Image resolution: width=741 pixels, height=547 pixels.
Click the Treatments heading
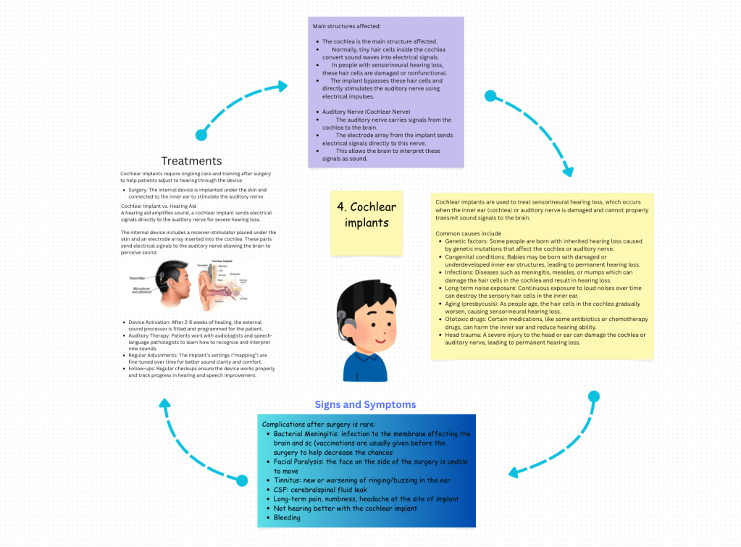191,161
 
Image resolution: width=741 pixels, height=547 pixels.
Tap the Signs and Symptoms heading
365,404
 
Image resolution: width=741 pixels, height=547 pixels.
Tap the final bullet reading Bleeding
287,518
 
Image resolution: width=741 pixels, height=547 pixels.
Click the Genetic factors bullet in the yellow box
464,241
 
